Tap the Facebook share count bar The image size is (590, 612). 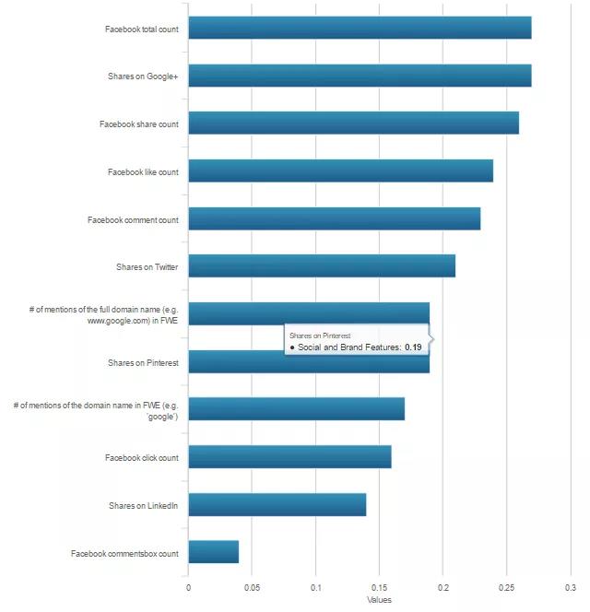pos(353,123)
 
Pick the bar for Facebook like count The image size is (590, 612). pos(340,171)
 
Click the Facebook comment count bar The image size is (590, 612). pos(334,218)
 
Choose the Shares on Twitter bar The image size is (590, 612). pos(322,265)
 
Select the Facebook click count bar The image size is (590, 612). pos(289,456)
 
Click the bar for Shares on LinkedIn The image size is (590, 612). pos(277,504)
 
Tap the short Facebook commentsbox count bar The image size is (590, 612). pos(213,552)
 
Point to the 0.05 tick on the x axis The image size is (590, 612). pos(252,586)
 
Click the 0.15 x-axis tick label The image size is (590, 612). pos(379,586)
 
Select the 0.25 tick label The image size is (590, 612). pos(506,586)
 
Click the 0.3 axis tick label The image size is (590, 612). pos(570,586)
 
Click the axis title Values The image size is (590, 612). pos(379,599)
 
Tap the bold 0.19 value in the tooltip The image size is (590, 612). pos(413,347)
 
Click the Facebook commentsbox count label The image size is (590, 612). pos(124,553)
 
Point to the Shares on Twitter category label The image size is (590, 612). pos(147,267)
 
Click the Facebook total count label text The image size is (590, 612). pos(141,29)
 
